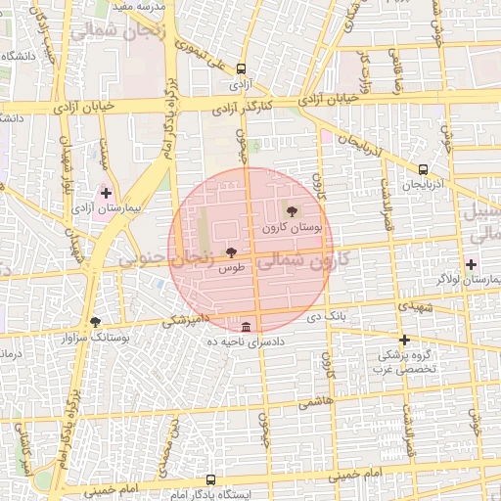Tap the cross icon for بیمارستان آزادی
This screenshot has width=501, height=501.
click(x=106, y=194)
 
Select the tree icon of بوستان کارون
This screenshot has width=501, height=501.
click(x=292, y=211)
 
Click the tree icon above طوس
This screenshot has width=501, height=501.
click(x=231, y=252)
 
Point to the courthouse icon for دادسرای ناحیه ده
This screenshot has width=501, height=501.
click(x=245, y=327)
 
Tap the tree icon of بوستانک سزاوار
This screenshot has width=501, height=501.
click(x=95, y=321)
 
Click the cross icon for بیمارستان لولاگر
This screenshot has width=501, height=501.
click(x=472, y=264)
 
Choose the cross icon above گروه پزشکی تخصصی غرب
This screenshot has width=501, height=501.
click(x=404, y=341)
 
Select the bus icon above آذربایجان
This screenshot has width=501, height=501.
click(x=422, y=168)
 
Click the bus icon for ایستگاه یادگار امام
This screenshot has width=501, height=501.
click(x=210, y=480)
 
